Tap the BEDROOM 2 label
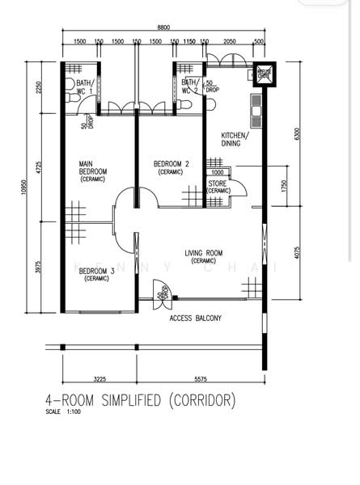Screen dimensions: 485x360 pos(171,167)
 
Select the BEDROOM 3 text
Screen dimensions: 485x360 pos(96,275)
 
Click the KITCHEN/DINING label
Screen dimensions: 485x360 pos(235,139)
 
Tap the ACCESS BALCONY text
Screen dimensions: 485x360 pos(195,318)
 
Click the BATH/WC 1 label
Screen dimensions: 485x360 pos(85,86)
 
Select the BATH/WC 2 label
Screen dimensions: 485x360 pos(189,86)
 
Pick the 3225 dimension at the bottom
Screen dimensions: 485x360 pos(100,378)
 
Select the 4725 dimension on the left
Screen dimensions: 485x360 pos(38,168)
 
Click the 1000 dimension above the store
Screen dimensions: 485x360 pos(217,172)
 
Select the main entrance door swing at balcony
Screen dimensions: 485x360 pos(162,289)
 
